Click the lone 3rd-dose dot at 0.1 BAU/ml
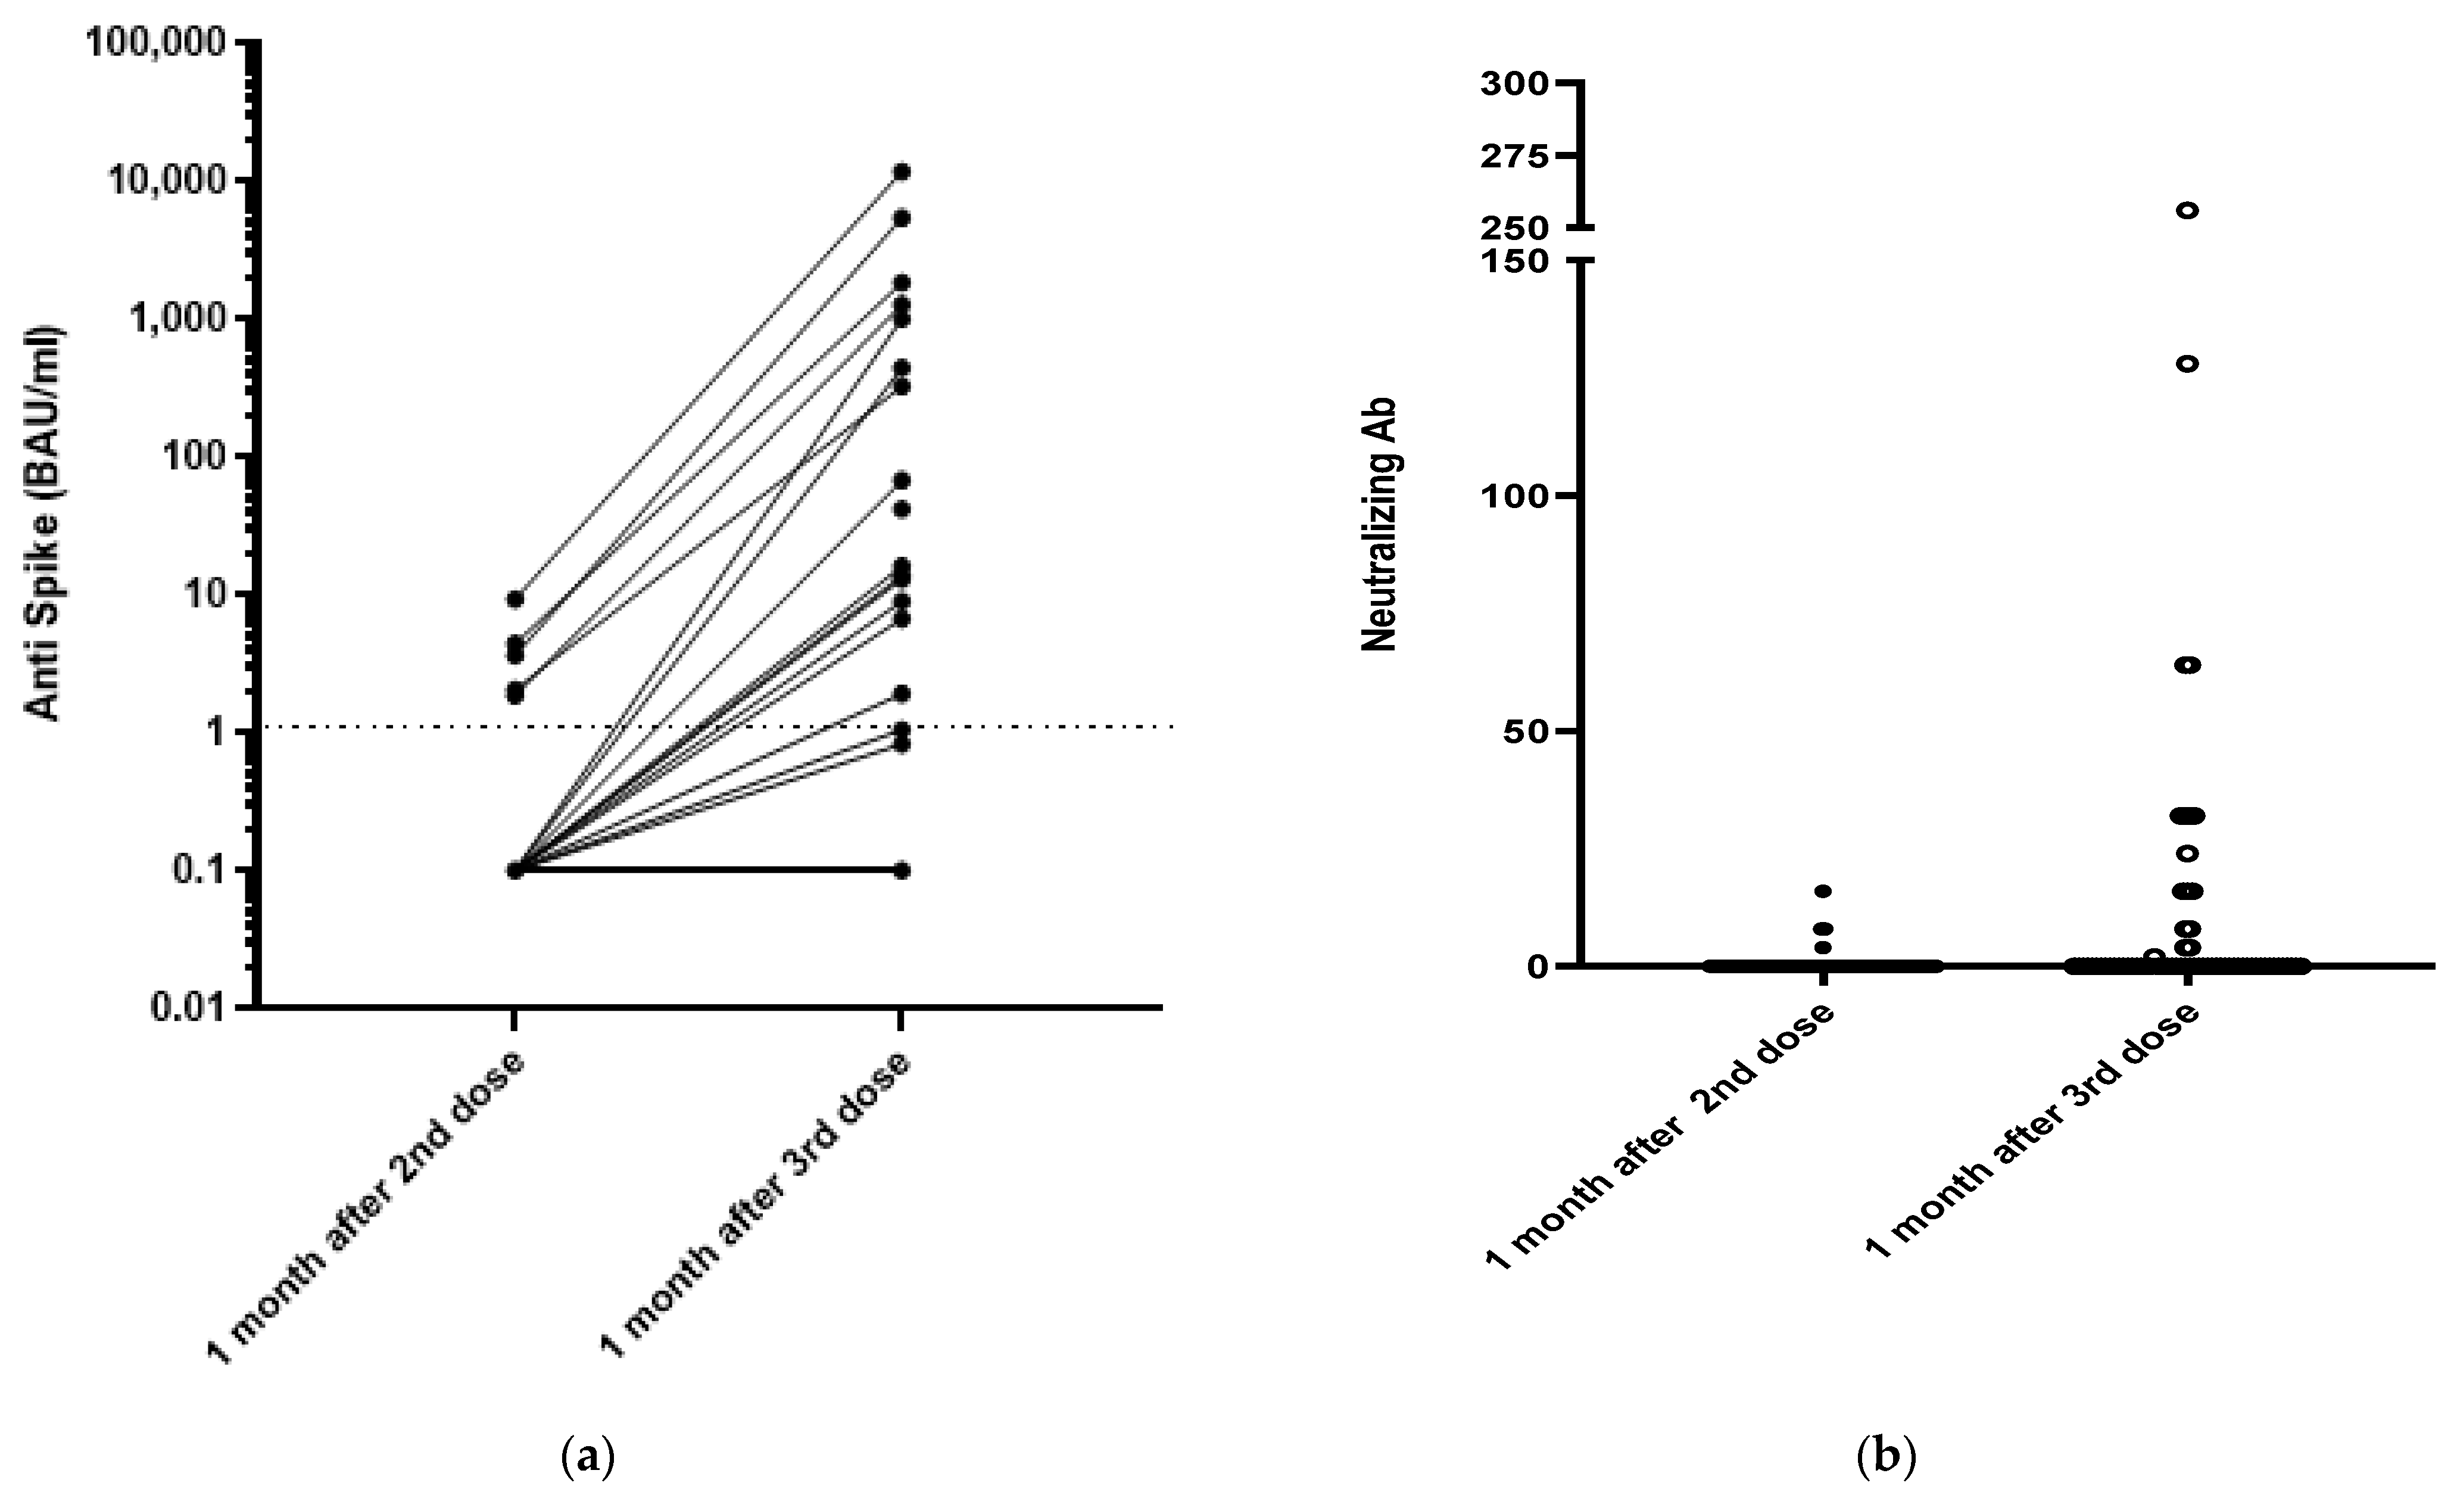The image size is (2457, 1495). coord(900,870)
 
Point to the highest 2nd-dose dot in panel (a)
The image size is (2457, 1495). coord(515,599)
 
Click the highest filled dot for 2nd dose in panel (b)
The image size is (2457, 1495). coord(1823,890)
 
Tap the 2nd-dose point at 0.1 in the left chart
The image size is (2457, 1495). coord(515,870)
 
